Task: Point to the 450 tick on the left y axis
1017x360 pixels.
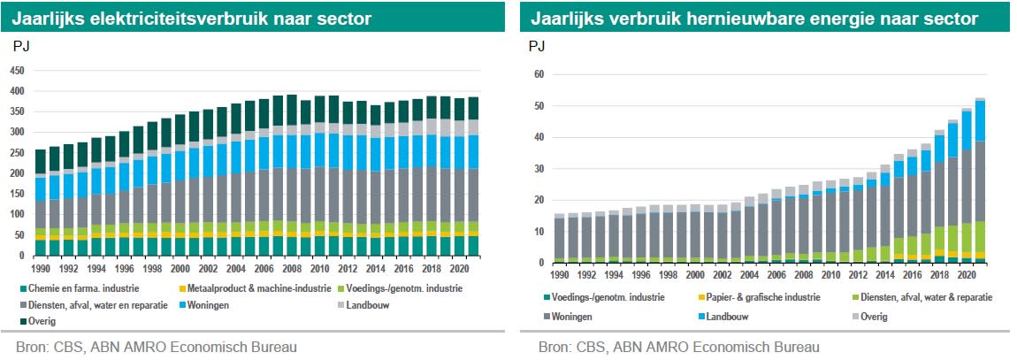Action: click(17, 70)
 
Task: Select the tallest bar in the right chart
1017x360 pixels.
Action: click(980, 180)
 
